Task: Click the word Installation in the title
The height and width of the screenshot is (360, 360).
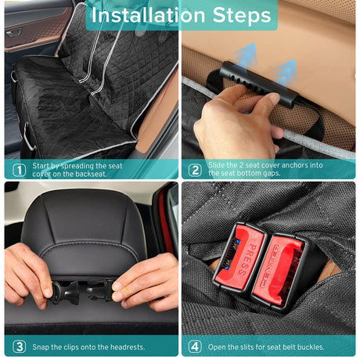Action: [148, 16]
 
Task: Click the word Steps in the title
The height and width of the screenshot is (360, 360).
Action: [242, 16]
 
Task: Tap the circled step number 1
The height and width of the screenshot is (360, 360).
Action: [20, 170]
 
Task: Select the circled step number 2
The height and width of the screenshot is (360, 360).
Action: [195, 170]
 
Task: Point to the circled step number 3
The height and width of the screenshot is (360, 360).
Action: [20, 347]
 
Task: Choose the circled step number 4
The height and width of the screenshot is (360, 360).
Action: [195, 347]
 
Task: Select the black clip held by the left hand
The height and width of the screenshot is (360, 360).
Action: [65, 293]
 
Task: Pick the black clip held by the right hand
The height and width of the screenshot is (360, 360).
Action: [100, 290]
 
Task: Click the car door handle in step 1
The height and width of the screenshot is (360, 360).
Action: [13, 33]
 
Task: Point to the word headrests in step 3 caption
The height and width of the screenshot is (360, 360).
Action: [128, 347]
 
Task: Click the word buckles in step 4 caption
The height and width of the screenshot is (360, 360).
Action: [311, 347]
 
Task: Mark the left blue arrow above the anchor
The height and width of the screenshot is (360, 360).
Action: [245, 58]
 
